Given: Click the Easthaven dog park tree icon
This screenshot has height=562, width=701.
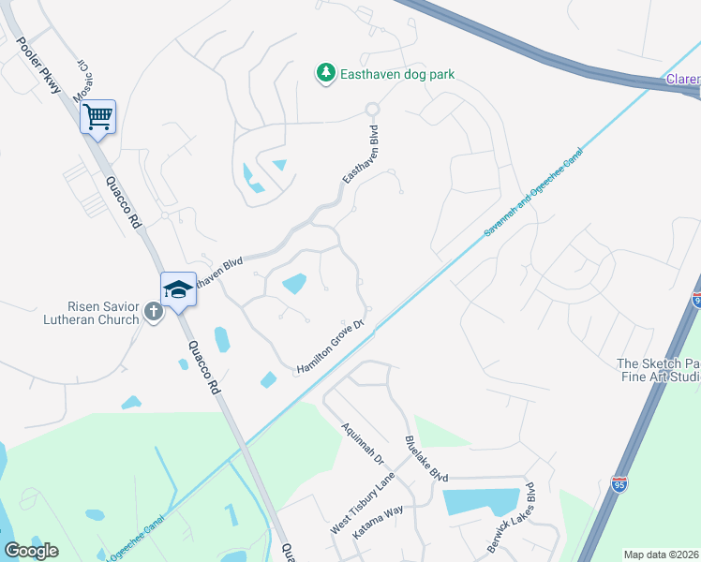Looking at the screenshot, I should (x=325, y=73).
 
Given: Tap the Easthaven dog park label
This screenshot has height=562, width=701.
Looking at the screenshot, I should (x=397, y=73).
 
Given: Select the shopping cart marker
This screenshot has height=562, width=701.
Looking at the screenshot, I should (x=97, y=119).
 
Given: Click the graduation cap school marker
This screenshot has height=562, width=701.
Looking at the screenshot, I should (x=178, y=290).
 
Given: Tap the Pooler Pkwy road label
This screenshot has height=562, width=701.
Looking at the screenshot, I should (x=39, y=66).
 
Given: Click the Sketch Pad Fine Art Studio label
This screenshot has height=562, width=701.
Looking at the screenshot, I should (x=657, y=370).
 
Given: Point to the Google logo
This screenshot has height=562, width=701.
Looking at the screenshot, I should (x=31, y=550).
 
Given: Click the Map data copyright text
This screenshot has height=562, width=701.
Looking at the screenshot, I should (x=662, y=555).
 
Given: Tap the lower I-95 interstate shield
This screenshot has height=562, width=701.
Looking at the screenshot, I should (x=619, y=483).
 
